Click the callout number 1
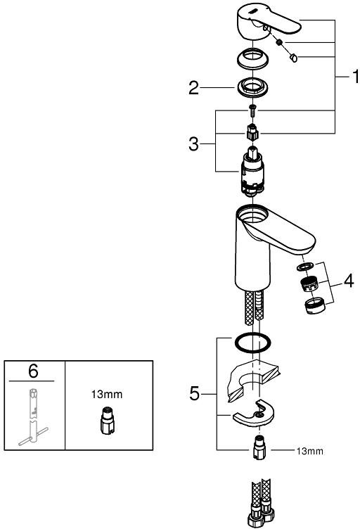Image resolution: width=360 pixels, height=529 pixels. tap(355, 77)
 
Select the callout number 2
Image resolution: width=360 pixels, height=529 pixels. tap(193, 88)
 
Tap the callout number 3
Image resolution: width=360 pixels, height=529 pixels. tap(193, 144)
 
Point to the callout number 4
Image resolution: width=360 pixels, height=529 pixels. tap(349, 281)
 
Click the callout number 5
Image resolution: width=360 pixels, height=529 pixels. tap(194, 394)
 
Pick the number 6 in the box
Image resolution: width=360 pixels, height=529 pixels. tap(33, 371)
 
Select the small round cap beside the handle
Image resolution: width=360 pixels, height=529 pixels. tap(293, 58)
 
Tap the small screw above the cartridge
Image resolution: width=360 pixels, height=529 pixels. tap(252, 110)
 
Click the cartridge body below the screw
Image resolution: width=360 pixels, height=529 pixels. tap(252, 172)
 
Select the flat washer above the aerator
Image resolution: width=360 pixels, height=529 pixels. tap(304, 267)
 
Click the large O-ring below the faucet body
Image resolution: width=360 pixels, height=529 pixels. tap(252, 343)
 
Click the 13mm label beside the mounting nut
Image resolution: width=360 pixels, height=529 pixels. tap(310, 451)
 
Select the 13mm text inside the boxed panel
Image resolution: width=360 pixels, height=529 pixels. tap(107, 394)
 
